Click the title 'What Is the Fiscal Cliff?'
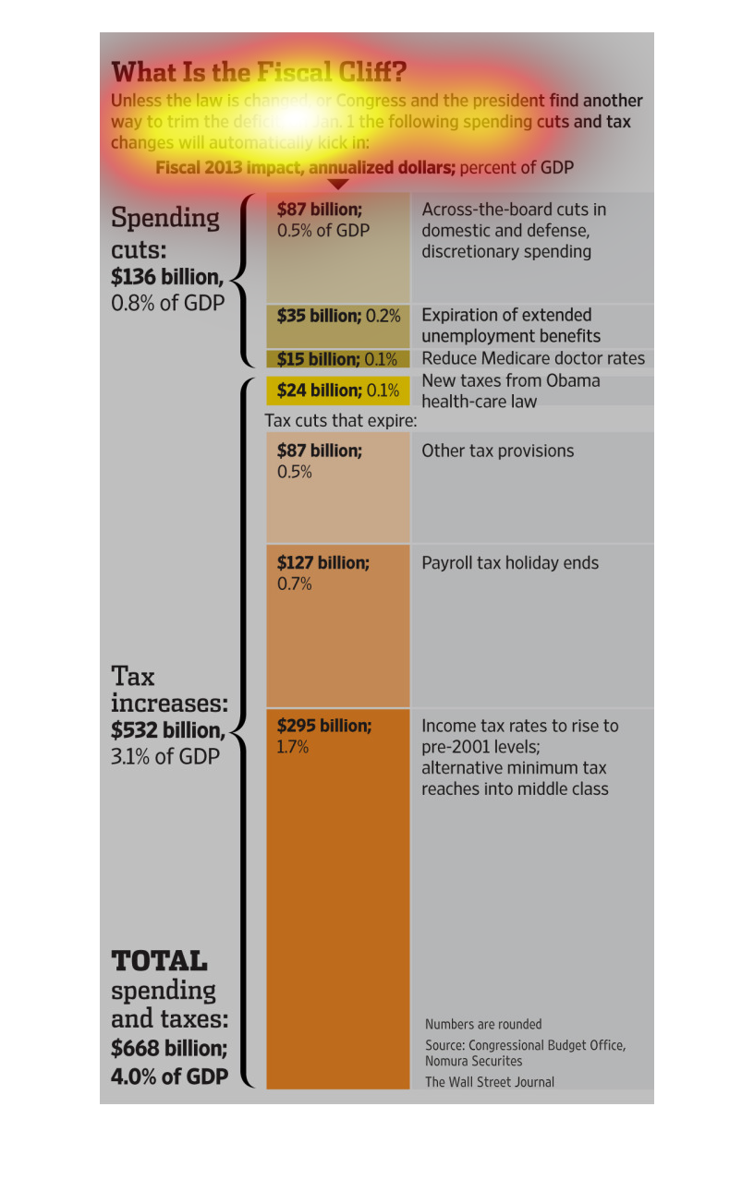[259, 72]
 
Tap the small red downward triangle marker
[338, 184]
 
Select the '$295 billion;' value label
[324, 726]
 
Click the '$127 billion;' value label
[322, 562]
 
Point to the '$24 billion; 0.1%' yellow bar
[337, 391]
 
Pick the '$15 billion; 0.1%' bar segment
[337, 359]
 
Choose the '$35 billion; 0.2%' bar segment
[338, 316]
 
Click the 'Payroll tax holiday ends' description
[510, 563]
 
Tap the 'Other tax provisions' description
[498, 451]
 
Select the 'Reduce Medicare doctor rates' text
[533, 358]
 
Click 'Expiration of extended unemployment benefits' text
[511, 325]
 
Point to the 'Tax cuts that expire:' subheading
[341, 421]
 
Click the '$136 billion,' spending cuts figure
[167, 276]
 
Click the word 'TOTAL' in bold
[159, 960]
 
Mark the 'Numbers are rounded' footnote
[483, 1024]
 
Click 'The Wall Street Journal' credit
[490, 1082]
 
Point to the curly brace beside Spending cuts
[243, 280]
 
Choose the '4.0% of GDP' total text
[170, 1076]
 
